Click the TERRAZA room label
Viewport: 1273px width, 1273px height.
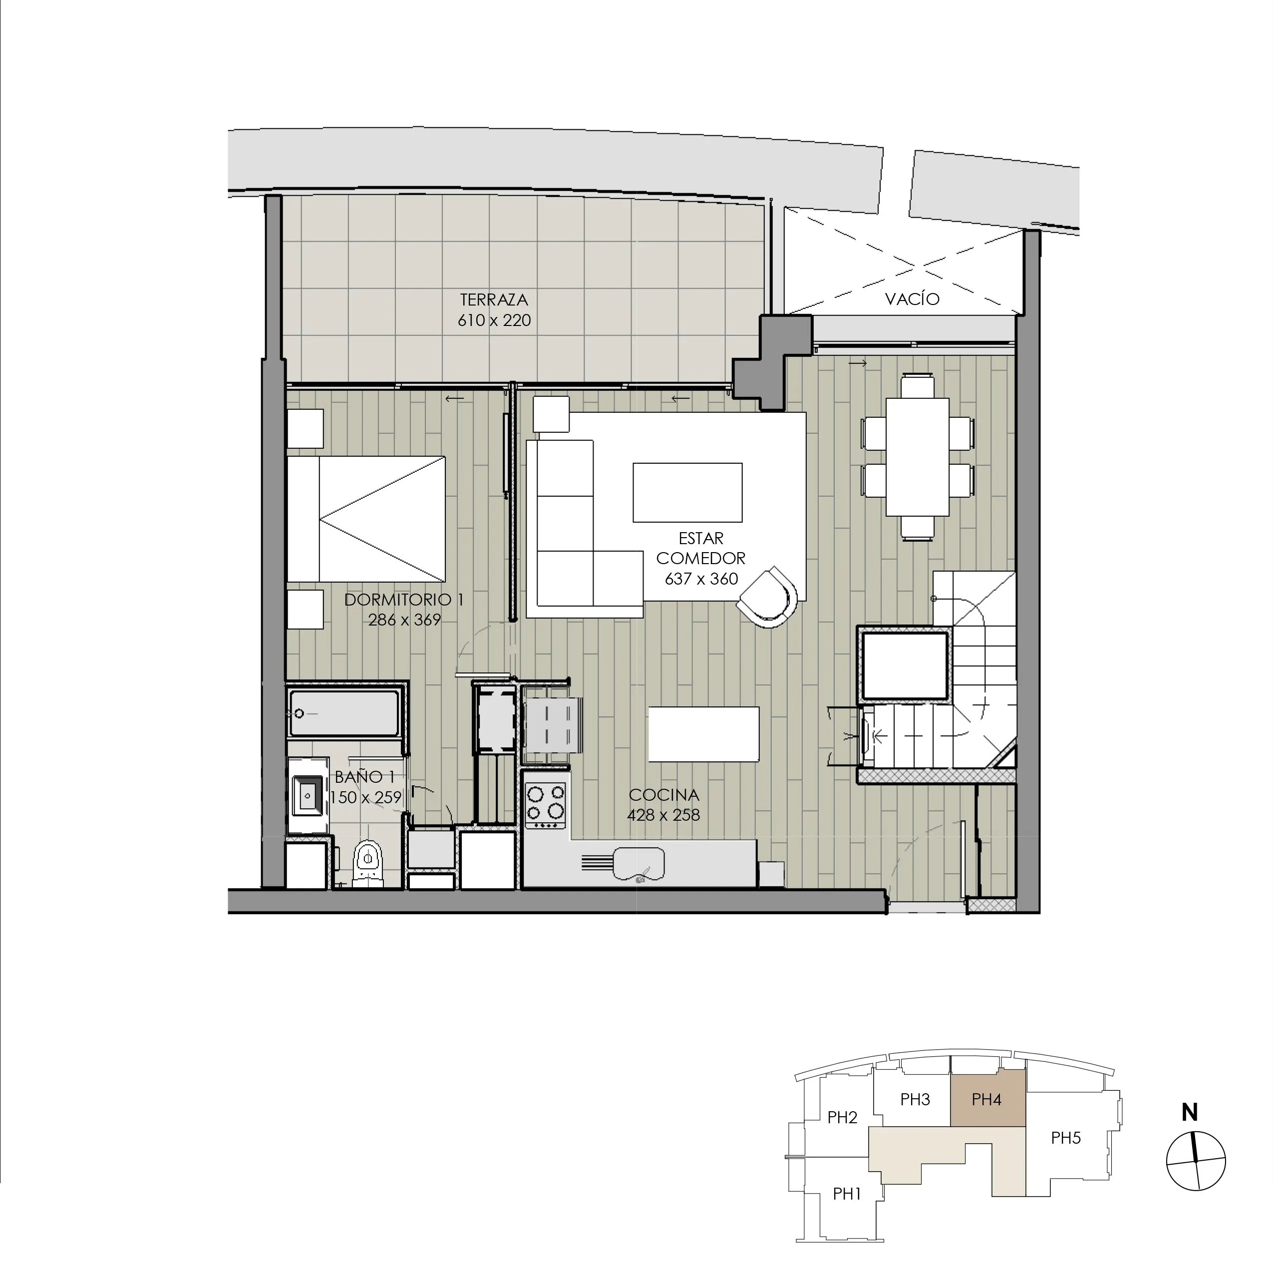tap(494, 300)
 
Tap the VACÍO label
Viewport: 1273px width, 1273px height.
tap(912, 299)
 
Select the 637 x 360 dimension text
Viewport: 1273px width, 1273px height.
tap(701, 579)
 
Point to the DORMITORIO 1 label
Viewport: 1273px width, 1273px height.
tap(404, 600)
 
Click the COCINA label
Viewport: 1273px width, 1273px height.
tap(663, 795)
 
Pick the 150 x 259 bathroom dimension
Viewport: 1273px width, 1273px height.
tap(366, 797)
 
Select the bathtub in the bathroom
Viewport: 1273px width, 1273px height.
tap(344, 713)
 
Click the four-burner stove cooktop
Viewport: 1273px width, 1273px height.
tap(546, 805)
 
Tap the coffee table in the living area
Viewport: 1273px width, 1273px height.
tap(687, 492)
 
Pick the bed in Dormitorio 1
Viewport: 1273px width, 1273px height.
tap(366, 519)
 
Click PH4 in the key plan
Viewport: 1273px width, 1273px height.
tap(987, 1099)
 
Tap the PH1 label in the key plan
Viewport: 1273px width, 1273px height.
tap(847, 1193)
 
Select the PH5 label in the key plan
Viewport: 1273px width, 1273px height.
tap(1065, 1137)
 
